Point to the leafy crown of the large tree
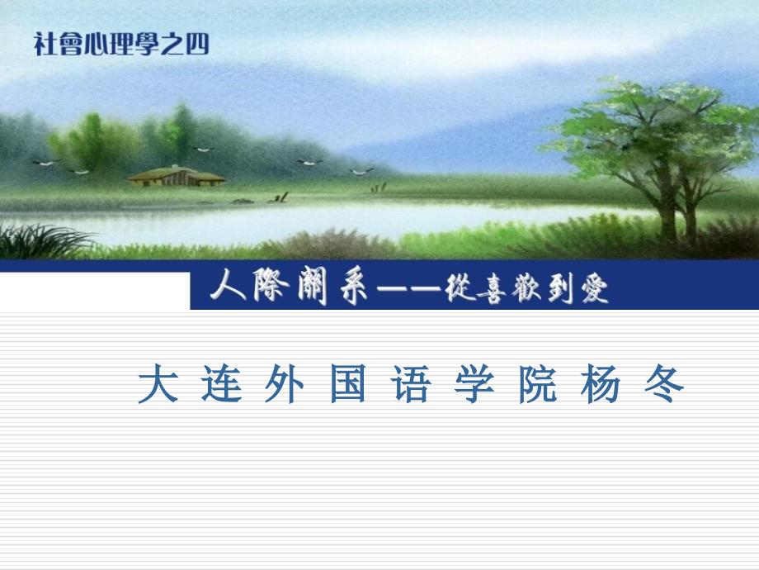tap(652, 124)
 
